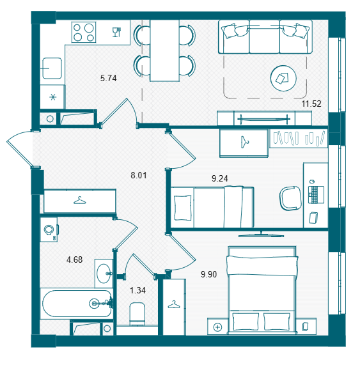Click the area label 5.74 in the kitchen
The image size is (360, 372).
tap(108, 78)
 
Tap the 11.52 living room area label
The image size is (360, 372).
tap(311, 104)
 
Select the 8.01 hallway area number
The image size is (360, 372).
tap(139, 175)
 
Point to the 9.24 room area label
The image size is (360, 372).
tap(220, 178)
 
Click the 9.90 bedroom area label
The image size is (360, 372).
tap(209, 274)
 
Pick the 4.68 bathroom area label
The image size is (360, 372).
tap(75, 260)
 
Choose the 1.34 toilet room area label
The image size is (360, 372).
tap(138, 290)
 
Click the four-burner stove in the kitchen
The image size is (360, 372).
tap(84, 32)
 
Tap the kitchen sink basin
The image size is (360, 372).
tap(52, 68)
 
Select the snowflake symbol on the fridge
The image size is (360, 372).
tap(53, 97)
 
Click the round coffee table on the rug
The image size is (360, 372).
tap(283, 78)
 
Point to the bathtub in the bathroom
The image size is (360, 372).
tap(77, 304)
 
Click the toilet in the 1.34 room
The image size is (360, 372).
tap(137, 314)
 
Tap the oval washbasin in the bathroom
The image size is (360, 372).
tap(104, 274)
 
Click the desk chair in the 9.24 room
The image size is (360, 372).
tap(290, 198)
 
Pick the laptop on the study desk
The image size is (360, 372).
tap(316, 194)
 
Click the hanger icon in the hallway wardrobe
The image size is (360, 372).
tap(80, 201)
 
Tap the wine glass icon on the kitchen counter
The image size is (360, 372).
tap(116, 32)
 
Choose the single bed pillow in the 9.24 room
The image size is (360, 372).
tap(183, 208)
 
